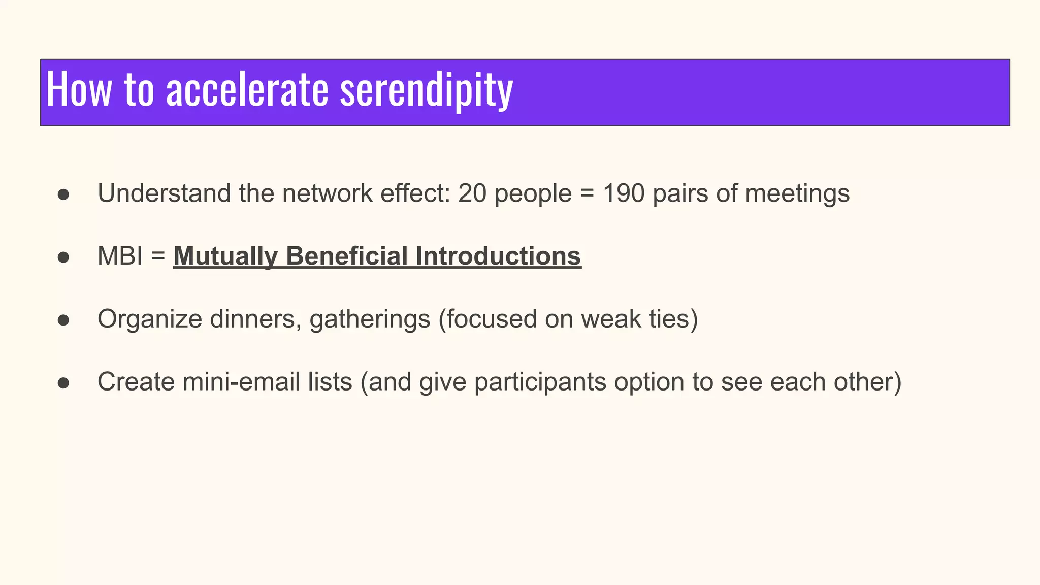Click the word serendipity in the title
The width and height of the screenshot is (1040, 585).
click(427, 90)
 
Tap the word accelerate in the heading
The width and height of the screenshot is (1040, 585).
click(247, 90)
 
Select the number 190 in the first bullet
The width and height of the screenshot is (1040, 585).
click(624, 193)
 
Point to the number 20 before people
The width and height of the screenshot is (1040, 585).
click(472, 193)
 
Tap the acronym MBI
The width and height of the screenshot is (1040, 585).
click(120, 256)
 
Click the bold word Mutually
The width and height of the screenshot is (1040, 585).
click(226, 256)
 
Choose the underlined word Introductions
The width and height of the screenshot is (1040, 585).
click(498, 256)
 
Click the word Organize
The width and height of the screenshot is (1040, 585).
click(150, 319)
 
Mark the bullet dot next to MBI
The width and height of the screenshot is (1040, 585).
click(63, 257)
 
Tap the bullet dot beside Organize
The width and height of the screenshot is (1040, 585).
click(63, 320)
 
